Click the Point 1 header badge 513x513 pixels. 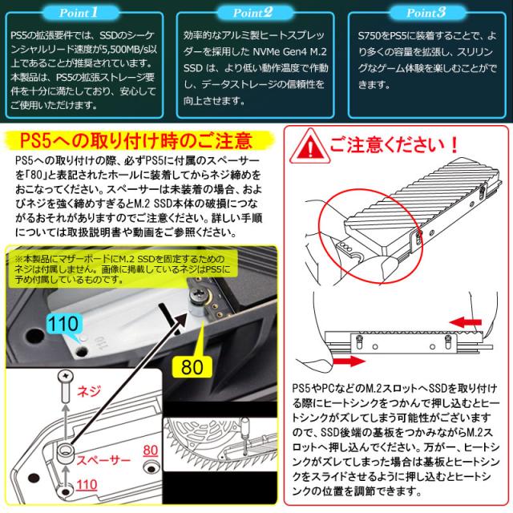pyautogui.click(x=79, y=13)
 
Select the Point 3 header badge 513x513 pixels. pyautogui.click(x=426, y=13)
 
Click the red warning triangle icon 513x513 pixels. pyautogui.click(x=309, y=147)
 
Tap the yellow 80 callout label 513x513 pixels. pyautogui.click(x=192, y=367)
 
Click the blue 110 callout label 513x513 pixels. pyautogui.click(x=63, y=324)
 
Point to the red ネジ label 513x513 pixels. pyautogui.click(x=88, y=391)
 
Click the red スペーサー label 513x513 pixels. pyautogui.click(x=103, y=460)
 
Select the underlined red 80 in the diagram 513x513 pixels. pyautogui.click(x=151, y=450)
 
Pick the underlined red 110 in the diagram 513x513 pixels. pyautogui.click(x=87, y=484)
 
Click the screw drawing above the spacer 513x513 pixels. pyautogui.click(x=66, y=387)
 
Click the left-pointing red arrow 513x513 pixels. pyautogui.click(x=466, y=322)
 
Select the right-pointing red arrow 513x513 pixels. pyautogui.click(x=349, y=362)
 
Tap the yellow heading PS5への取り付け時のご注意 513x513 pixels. pyautogui.click(x=136, y=141)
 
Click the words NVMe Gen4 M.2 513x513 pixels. pyautogui.click(x=290, y=51)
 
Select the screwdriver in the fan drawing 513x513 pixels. pyautogui.click(x=244, y=436)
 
